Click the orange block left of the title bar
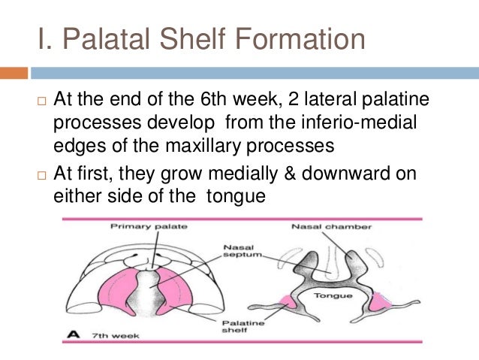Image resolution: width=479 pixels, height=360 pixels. tap(14, 73)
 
